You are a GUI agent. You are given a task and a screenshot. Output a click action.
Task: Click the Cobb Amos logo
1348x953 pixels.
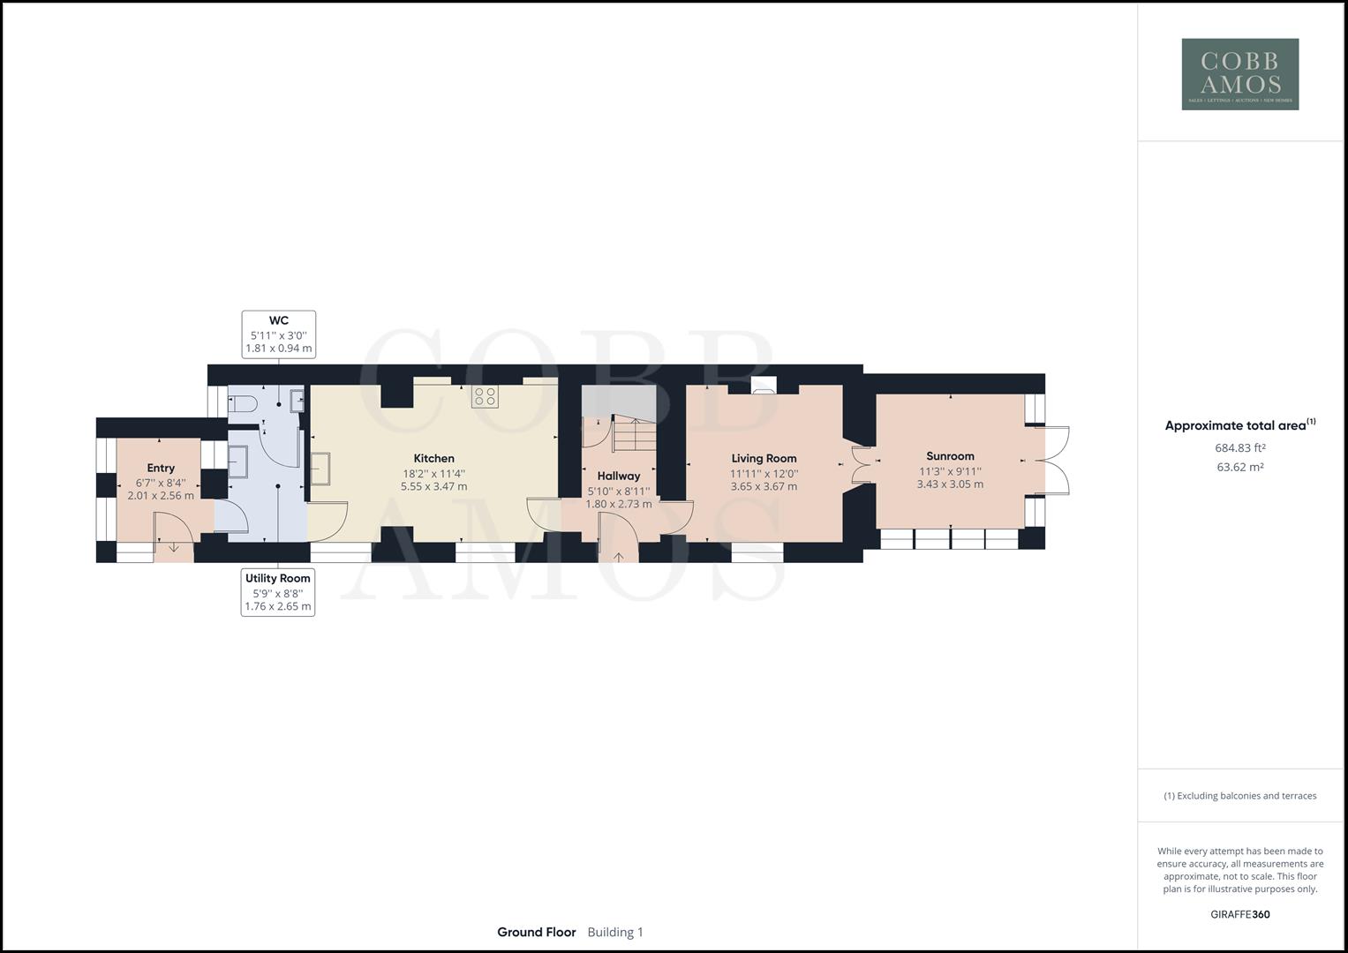(x=1239, y=74)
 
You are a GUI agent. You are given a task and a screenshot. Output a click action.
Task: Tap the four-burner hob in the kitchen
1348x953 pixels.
(x=485, y=396)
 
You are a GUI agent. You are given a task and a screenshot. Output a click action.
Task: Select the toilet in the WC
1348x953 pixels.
(x=243, y=404)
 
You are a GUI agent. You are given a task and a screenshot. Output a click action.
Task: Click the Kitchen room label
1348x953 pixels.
(x=434, y=459)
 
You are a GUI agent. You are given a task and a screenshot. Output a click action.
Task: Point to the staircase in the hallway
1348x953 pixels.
(x=634, y=434)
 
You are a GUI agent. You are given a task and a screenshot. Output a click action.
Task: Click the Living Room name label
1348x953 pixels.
(x=764, y=459)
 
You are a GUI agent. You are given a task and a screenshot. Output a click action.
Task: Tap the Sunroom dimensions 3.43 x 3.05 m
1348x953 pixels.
(x=950, y=484)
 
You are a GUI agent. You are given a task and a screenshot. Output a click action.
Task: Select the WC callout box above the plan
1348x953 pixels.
(x=279, y=334)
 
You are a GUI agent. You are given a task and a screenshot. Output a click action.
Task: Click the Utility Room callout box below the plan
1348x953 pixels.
(x=278, y=592)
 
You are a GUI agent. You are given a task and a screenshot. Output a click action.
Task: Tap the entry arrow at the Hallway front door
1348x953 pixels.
(x=619, y=556)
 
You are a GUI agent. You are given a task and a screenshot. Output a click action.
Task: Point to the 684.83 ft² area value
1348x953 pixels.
(x=1239, y=448)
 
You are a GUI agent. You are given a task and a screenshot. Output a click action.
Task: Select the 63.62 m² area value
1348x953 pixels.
(x=1239, y=468)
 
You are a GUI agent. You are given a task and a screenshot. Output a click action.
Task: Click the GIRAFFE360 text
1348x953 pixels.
(x=1239, y=914)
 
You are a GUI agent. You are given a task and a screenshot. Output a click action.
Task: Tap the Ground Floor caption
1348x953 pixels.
(x=537, y=933)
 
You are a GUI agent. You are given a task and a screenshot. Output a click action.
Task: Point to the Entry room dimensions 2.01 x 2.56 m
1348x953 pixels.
(x=161, y=496)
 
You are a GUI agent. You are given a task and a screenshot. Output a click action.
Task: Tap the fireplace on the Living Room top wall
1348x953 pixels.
(x=764, y=385)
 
